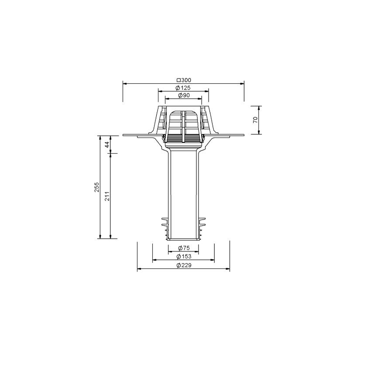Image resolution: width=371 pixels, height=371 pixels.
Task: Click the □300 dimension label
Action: click(x=184, y=80)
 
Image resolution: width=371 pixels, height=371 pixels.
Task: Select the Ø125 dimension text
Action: click(x=183, y=88)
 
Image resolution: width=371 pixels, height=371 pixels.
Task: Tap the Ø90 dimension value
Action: click(x=184, y=95)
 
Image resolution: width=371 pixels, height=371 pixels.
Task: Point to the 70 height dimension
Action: click(x=255, y=120)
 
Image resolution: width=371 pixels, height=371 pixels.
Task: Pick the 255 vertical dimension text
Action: click(x=97, y=187)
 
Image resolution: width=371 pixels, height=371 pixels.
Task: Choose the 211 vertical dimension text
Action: click(x=107, y=196)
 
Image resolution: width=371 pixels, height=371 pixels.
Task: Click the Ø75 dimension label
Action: click(x=184, y=248)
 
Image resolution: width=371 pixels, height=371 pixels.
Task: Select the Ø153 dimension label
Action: click(x=184, y=256)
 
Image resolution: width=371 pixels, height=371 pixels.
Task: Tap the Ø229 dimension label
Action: click(x=184, y=265)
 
